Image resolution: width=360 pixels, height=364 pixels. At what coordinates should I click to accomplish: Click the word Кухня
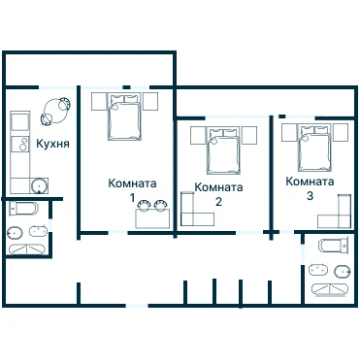click(x=52, y=144)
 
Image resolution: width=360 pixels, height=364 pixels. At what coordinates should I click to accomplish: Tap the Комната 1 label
click(x=132, y=189)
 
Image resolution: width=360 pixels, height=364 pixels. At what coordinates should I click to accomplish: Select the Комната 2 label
click(x=218, y=194)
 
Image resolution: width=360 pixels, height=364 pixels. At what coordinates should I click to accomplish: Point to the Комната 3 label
click(x=310, y=188)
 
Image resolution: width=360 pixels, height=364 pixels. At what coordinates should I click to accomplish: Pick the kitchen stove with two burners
click(x=20, y=144)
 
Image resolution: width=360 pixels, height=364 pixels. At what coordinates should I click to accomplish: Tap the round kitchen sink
click(x=40, y=186)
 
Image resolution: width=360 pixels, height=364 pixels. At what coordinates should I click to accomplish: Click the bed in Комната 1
click(x=124, y=116)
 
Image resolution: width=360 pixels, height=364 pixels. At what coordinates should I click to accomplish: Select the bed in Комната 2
click(x=224, y=150)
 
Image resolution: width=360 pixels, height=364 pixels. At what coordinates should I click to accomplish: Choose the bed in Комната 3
click(x=315, y=148)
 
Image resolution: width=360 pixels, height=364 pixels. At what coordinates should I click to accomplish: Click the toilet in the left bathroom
click(x=22, y=209)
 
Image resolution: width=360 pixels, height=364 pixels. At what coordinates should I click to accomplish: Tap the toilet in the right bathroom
click(x=333, y=245)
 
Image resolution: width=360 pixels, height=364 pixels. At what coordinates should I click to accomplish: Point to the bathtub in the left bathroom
click(x=26, y=248)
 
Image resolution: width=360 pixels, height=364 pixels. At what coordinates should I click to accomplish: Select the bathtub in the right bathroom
click(x=330, y=289)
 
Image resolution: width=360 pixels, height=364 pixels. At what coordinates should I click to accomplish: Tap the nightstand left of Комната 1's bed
click(x=99, y=101)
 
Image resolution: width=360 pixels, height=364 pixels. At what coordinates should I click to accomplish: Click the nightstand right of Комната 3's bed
click(x=341, y=133)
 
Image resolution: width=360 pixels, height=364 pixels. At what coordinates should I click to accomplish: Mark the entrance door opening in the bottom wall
click(x=137, y=306)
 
